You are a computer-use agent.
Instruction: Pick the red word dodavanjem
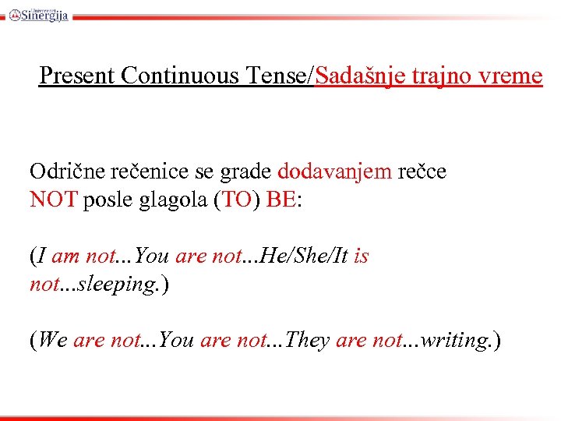(x=334, y=172)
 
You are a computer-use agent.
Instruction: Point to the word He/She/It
(x=309, y=256)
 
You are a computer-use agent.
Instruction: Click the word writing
(x=455, y=341)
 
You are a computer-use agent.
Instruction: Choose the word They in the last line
(x=309, y=341)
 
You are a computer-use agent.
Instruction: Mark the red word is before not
(x=361, y=256)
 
